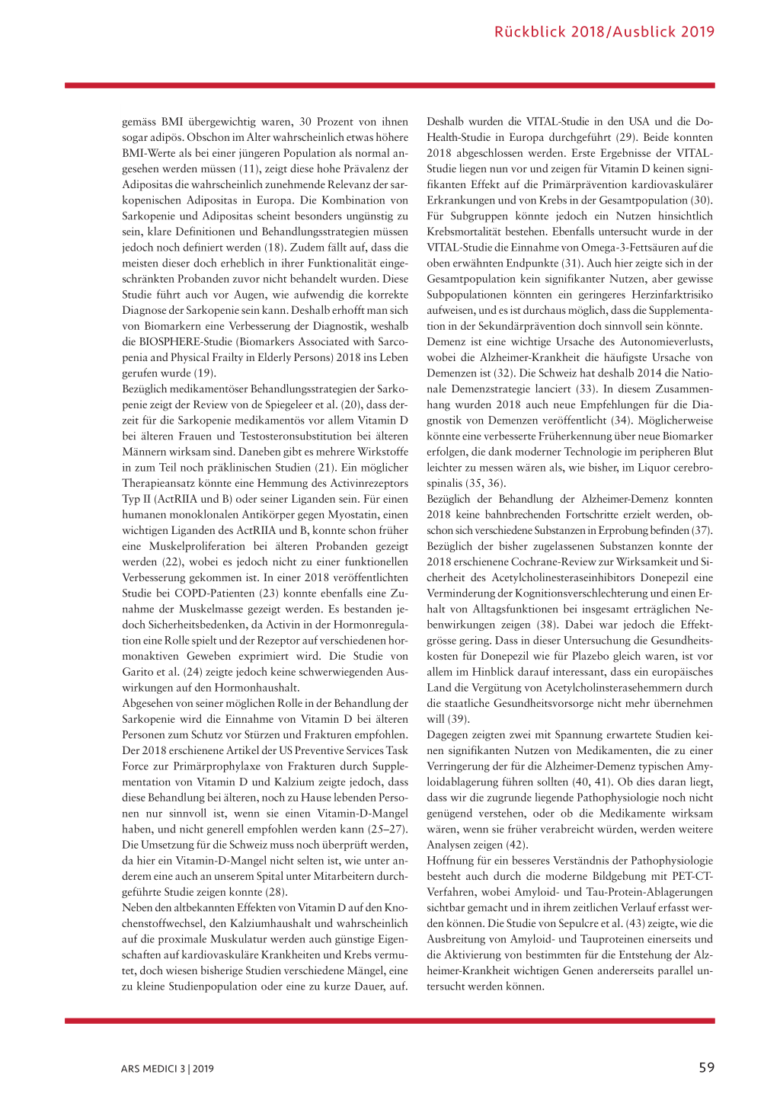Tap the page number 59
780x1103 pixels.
[x=706, y=1067]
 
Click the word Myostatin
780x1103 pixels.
[x=340, y=515]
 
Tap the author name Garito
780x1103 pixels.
[x=139, y=672]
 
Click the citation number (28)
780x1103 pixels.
[x=274, y=892]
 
